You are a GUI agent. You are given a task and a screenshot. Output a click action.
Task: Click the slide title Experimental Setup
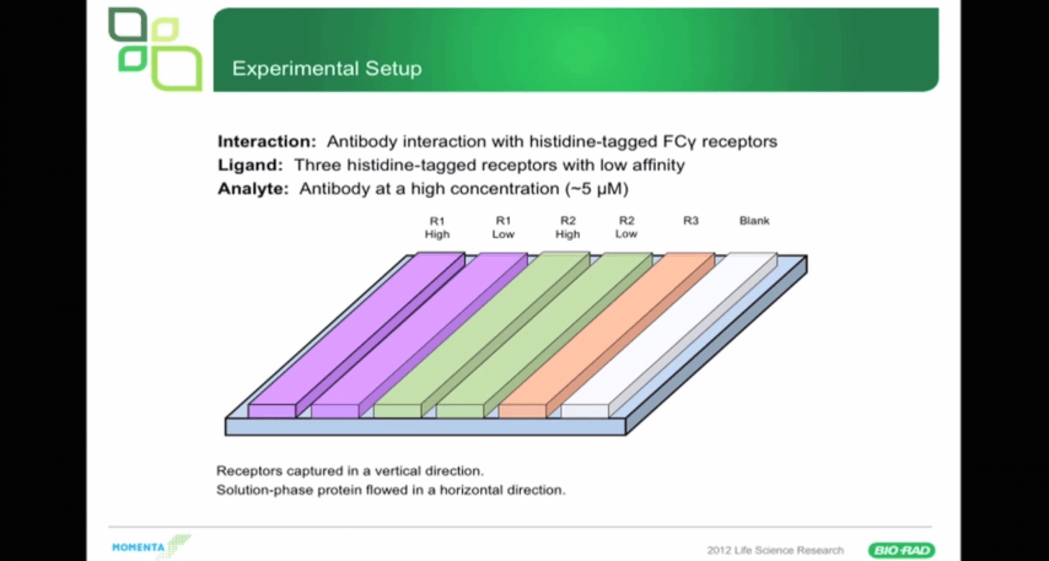tap(327, 68)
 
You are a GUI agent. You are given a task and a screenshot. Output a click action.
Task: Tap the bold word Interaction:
tap(267, 142)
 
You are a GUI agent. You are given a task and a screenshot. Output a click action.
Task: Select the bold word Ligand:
tap(250, 165)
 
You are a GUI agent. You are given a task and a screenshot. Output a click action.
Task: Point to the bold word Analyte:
tap(253, 189)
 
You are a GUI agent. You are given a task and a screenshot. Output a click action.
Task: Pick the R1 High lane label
tap(437, 227)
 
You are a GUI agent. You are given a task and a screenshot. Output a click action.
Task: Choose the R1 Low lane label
tap(503, 227)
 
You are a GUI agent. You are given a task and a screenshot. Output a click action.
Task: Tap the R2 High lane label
tap(568, 227)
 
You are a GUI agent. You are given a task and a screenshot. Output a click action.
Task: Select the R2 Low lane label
tap(626, 227)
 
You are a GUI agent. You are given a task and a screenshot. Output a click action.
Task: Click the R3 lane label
tap(691, 221)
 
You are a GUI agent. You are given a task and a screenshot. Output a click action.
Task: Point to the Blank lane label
tap(754, 221)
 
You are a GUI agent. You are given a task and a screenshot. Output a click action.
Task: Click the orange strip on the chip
tap(607, 335)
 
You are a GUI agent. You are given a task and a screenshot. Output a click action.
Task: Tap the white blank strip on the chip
tap(669, 335)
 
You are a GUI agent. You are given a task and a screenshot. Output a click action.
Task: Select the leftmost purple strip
tap(357, 335)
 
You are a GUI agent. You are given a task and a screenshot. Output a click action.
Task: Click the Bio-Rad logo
tap(901, 551)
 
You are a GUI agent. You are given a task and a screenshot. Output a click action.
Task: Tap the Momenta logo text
tap(138, 547)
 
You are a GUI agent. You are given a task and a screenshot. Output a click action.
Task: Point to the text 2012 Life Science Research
tap(775, 551)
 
